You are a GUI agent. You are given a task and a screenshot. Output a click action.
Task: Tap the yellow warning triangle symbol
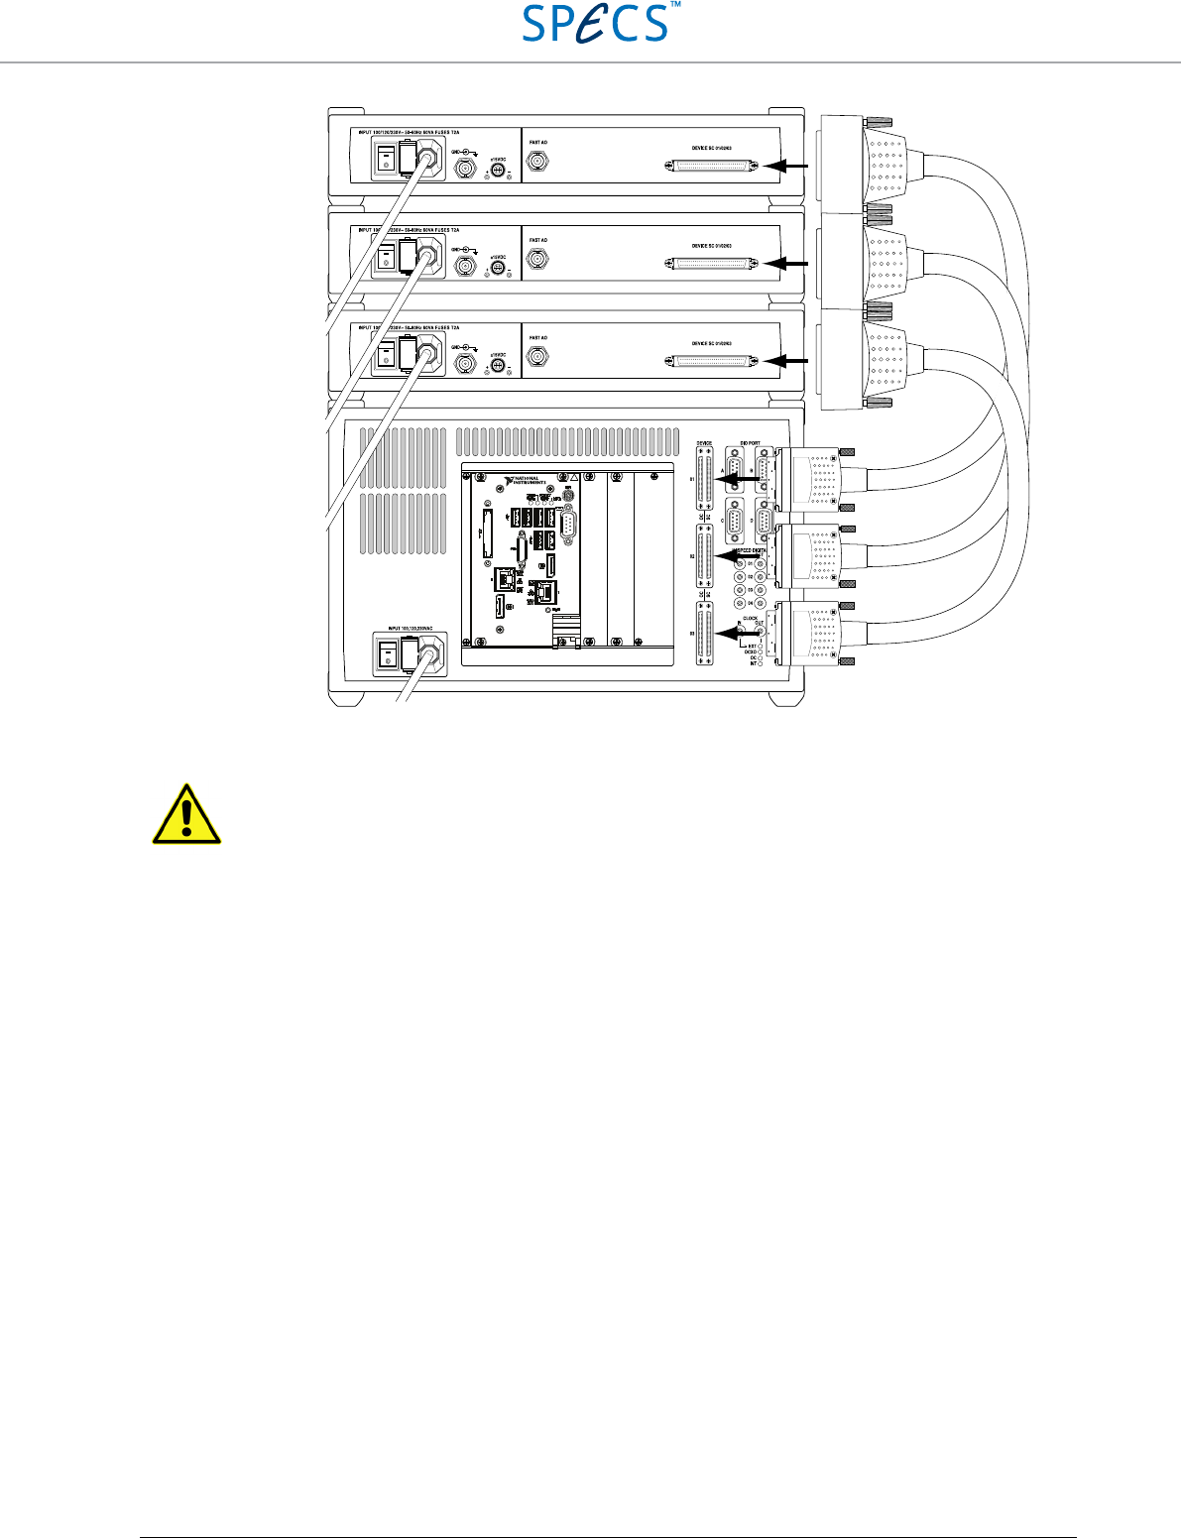[x=185, y=815]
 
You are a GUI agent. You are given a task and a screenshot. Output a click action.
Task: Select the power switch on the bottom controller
[x=387, y=653]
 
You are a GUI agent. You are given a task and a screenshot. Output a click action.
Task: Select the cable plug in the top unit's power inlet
[x=429, y=159]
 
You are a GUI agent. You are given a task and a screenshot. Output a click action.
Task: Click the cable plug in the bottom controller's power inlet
[x=429, y=654]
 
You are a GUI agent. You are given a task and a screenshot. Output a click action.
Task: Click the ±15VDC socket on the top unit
[x=501, y=171]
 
